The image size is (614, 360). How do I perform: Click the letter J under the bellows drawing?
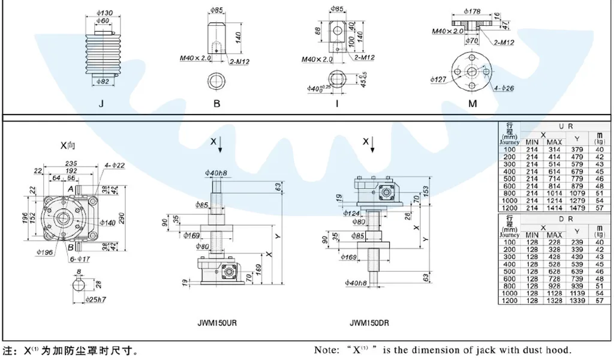tap(101, 104)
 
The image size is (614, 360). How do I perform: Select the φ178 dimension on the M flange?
tap(473, 11)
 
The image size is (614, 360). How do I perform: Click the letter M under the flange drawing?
tap(472, 104)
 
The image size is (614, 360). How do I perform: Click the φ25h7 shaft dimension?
tap(97, 299)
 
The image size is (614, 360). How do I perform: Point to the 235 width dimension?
tap(71, 163)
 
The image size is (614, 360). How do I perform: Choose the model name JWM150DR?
tap(369, 322)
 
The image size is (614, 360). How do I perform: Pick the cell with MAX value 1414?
tap(554, 207)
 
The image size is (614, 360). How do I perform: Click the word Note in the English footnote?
tap(326, 350)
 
